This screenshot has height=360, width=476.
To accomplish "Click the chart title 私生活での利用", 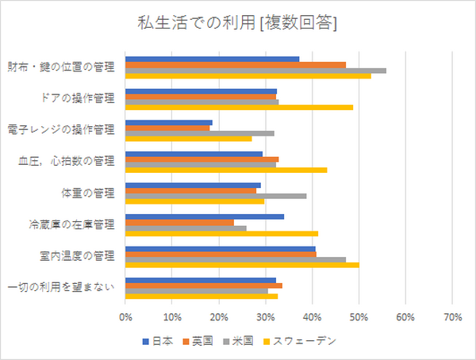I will coord(237,24).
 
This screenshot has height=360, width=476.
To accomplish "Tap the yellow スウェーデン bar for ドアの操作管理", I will coord(239,107).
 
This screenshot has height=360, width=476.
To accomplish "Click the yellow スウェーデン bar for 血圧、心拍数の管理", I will coord(226,170).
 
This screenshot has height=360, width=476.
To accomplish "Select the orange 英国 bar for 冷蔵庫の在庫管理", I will coord(179,222).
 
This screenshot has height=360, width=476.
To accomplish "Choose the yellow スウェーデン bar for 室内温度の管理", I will coord(242,265).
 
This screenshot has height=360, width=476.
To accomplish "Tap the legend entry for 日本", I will coord(158,341).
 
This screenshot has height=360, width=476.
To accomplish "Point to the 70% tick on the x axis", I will coord(451,317).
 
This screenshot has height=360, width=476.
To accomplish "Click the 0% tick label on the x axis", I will coord(125,317).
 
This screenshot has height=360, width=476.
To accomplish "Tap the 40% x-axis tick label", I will coord(312,317).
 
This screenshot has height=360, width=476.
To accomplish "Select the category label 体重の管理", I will coord(88,193).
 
